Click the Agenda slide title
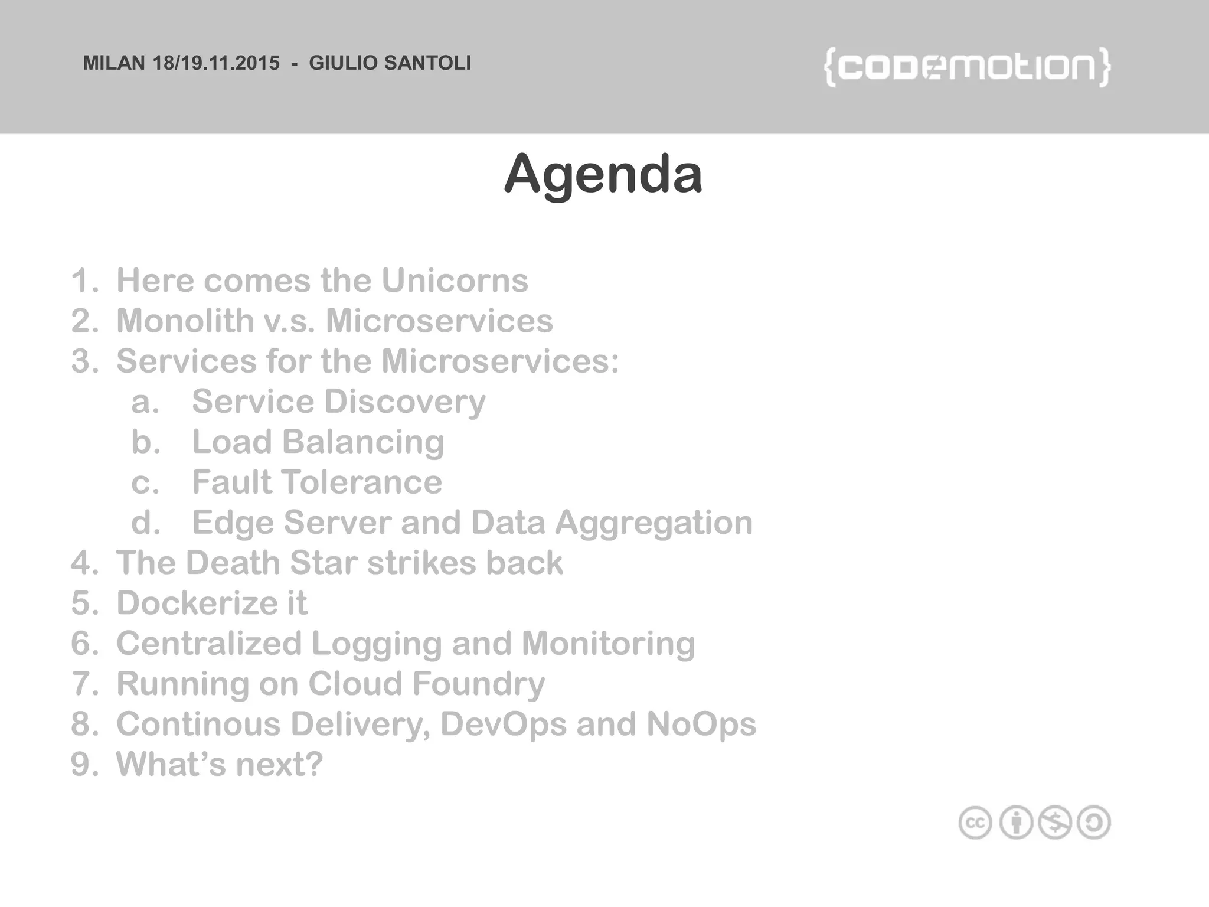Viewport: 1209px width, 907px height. (603, 174)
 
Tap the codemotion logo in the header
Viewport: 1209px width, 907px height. (967, 67)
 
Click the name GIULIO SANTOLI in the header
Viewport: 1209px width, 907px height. (390, 63)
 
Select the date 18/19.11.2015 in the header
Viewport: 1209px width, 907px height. (216, 63)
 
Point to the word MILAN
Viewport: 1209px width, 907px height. (113, 63)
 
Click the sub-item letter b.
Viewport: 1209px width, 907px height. (145, 442)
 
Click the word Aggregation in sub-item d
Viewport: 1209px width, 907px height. (653, 523)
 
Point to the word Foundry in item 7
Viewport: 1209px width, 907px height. (478, 684)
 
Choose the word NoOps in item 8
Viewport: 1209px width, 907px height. (701, 724)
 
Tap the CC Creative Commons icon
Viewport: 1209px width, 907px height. (975, 823)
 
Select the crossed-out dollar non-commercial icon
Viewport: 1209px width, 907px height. (1055, 823)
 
